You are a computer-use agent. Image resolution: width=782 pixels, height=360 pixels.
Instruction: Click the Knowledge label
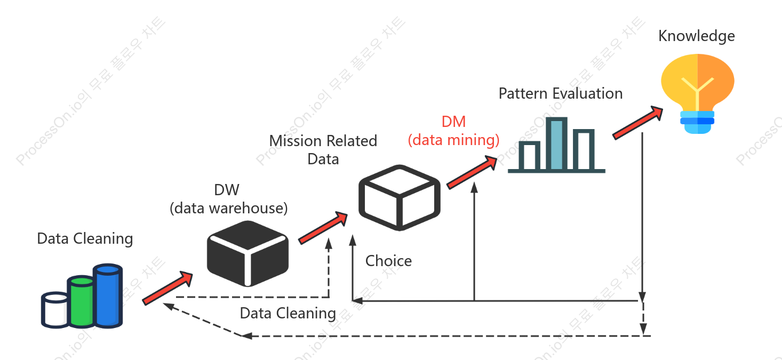click(x=697, y=36)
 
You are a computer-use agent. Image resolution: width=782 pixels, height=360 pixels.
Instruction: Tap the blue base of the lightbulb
click(x=697, y=122)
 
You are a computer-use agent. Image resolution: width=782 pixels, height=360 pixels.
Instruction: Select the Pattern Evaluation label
click(x=561, y=93)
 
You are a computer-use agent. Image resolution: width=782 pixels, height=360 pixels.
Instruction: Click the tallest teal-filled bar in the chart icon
click(x=556, y=144)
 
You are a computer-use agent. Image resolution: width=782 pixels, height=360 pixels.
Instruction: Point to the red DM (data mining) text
click(x=453, y=131)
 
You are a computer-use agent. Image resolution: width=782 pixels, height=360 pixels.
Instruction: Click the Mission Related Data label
click(x=323, y=150)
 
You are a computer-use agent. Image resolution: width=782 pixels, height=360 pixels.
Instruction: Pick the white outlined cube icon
click(x=400, y=198)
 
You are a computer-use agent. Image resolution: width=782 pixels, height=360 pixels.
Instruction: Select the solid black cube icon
click(x=248, y=253)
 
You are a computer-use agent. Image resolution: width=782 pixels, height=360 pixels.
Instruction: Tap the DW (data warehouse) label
click(x=229, y=199)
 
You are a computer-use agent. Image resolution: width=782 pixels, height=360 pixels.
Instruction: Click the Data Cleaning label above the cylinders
click(x=85, y=239)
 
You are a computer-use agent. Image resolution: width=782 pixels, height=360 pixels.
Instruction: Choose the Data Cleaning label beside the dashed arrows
click(x=288, y=313)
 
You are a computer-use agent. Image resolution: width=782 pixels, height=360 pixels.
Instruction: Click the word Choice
click(x=388, y=261)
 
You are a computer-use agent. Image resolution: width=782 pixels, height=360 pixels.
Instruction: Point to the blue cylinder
click(x=108, y=296)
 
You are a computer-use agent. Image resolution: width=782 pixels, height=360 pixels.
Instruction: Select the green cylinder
click(x=81, y=302)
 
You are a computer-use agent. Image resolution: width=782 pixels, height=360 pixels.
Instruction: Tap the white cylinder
click(x=55, y=310)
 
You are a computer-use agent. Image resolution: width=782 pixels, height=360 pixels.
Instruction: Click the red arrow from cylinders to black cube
click(x=167, y=289)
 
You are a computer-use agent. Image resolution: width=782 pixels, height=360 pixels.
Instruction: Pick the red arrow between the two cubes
click(x=323, y=228)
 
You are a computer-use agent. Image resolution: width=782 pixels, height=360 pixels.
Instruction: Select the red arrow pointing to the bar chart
click(x=472, y=172)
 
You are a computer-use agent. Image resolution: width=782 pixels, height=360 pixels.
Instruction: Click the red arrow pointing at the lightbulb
click(x=638, y=123)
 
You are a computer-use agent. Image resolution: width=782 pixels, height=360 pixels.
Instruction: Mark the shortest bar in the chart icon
click(x=529, y=156)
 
